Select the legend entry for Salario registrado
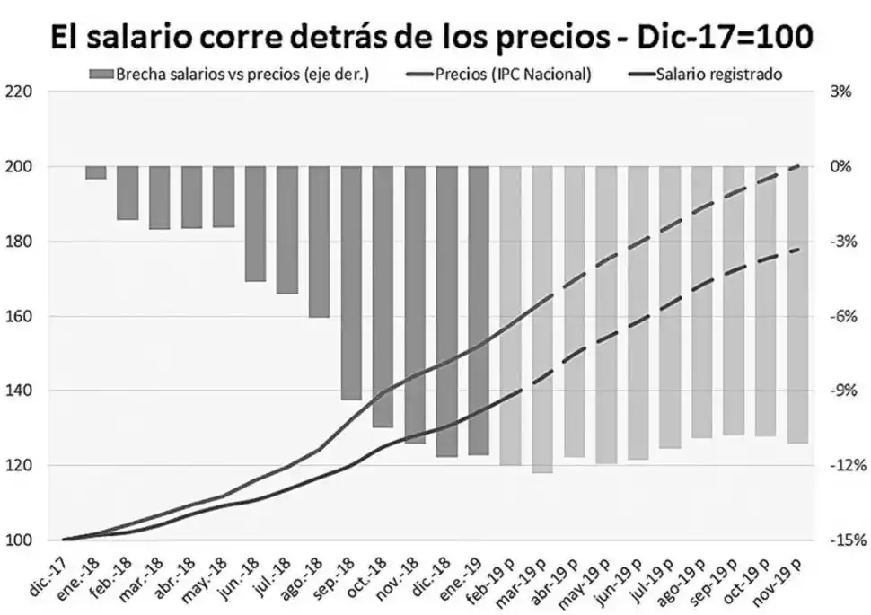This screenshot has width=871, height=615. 718,75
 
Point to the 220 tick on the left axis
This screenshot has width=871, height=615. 19,92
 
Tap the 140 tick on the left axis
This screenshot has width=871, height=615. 19,391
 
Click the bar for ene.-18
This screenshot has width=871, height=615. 96,172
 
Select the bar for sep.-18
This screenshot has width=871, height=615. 351,283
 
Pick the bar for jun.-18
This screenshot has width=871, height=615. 255,224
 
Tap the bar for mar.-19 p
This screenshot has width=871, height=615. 542,320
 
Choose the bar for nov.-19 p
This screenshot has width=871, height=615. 797,305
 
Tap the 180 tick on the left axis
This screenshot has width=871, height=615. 19,242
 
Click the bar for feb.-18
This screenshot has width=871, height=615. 128,193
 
